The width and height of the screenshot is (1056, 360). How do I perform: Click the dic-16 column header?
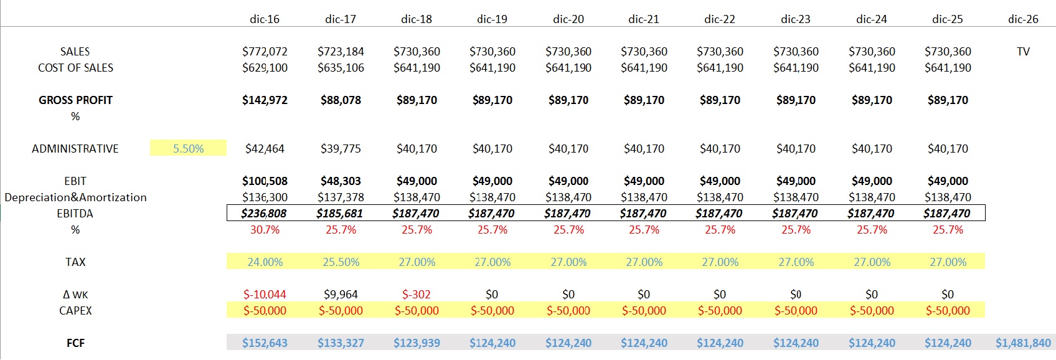265,19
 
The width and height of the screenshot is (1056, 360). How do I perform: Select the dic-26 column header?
1023,19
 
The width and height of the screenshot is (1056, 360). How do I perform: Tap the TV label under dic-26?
1023,52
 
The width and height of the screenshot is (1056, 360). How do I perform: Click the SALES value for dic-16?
265,52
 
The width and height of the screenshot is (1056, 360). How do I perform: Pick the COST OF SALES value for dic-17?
341,68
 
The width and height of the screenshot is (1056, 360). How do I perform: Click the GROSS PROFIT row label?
75,100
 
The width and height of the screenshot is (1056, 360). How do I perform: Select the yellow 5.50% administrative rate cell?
188,149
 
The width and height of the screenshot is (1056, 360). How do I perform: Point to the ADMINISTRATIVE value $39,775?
341,149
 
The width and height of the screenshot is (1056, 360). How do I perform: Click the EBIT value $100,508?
265,181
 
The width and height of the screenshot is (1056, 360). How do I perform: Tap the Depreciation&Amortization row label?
75,197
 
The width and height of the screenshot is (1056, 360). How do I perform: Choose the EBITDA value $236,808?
264,214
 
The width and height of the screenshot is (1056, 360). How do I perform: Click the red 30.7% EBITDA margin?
265,230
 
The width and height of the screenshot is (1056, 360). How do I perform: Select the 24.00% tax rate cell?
265,262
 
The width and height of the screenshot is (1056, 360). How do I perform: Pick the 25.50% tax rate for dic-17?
341,262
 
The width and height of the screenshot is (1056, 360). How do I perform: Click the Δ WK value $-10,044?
265,295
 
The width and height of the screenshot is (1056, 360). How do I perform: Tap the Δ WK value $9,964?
341,295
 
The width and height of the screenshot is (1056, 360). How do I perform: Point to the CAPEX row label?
75,311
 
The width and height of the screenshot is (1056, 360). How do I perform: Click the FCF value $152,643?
265,343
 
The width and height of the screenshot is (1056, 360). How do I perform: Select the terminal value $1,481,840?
1023,343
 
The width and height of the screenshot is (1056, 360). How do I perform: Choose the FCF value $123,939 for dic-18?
417,343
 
